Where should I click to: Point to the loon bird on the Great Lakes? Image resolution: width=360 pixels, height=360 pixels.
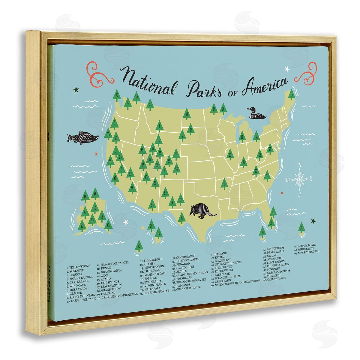(x=256, y=114)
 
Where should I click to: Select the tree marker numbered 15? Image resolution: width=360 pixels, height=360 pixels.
(x=291, y=95)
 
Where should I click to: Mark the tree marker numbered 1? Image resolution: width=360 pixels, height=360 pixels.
(x=160, y=126)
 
